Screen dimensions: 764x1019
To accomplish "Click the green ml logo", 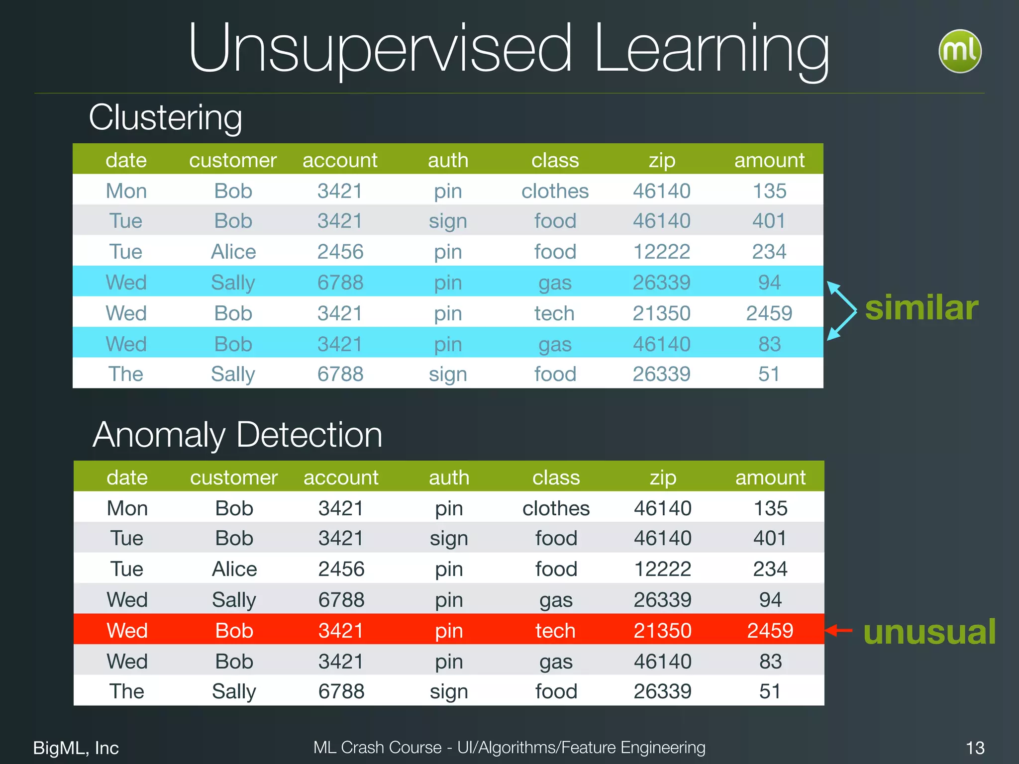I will tap(960, 51).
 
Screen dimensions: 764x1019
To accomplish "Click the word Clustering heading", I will tap(165, 117).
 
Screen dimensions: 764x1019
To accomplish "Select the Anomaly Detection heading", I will tap(237, 435).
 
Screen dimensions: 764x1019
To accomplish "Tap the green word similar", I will tap(921, 308).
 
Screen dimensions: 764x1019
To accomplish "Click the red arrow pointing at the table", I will tap(839, 631).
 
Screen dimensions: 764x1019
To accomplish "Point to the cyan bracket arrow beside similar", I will tap(842, 311).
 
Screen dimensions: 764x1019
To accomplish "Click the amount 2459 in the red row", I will tap(770, 631).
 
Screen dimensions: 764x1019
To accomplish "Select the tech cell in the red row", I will tap(555, 631).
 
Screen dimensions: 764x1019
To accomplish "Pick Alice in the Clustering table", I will tap(233, 252).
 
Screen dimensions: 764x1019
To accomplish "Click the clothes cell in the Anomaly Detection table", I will tap(556, 508).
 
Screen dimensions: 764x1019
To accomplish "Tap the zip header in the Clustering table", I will tap(662, 160).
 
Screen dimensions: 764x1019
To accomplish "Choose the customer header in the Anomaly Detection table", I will tap(234, 477).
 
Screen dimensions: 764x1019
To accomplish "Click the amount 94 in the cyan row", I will tap(769, 283).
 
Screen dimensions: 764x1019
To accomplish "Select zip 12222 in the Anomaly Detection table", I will tap(662, 569).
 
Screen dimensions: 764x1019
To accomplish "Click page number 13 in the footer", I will tap(975, 748).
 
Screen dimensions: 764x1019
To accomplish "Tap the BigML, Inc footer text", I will tap(76, 748).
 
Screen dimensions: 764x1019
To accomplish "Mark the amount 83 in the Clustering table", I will tap(769, 344).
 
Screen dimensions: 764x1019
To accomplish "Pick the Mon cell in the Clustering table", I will tap(126, 191).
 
